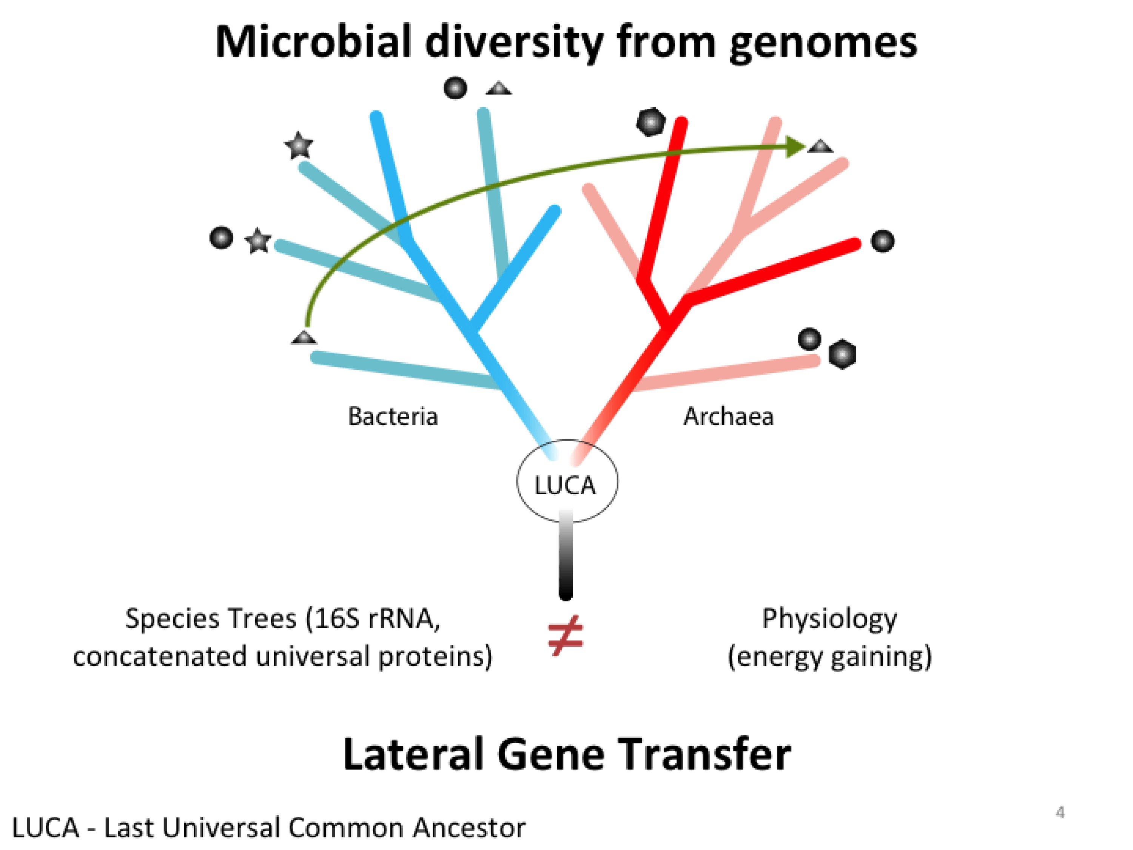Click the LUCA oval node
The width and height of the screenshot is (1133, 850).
point(567,481)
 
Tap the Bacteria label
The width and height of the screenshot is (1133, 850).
point(393,416)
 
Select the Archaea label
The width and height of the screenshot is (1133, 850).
point(728,416)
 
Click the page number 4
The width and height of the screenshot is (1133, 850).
point(1060,812)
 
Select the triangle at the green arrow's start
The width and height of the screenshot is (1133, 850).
point(304,337)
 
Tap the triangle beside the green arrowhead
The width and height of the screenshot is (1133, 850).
point(820,146)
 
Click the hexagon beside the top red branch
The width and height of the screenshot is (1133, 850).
point(651,122)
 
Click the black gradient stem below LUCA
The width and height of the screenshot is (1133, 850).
point(566,554)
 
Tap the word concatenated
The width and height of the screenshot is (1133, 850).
point(160,657)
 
